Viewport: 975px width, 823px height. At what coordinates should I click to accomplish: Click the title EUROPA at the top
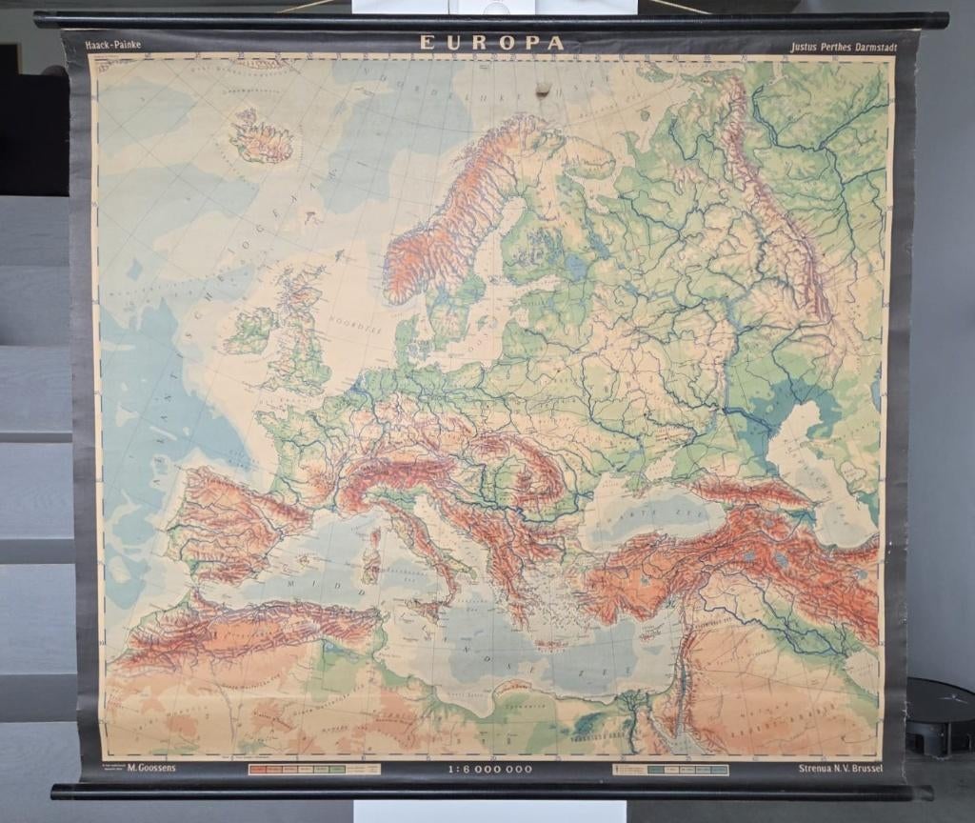coord(492,43)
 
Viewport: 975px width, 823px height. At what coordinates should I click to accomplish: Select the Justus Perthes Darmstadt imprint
coord(837,45)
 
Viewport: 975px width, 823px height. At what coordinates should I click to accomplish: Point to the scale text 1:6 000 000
coord(490,769)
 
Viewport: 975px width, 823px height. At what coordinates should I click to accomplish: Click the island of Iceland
coord(259,139)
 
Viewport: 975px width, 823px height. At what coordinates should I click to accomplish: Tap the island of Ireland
coord(249,330)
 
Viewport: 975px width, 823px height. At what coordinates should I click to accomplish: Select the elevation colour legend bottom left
coord(314,769)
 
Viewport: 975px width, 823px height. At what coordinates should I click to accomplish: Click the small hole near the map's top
coord(542,90)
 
